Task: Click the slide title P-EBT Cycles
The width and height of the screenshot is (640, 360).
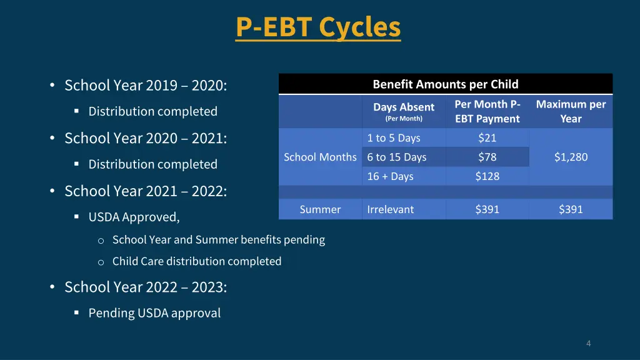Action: tap(318, 27)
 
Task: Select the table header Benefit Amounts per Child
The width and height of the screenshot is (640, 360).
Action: tap(445, 84)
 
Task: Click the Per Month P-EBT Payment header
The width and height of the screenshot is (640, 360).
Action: tap(487, 111)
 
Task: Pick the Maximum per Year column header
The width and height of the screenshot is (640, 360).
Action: tap(571, 111)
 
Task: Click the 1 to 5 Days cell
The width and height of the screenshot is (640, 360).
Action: tap(394, 138)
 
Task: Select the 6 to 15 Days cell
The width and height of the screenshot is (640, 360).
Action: tap(397, 157)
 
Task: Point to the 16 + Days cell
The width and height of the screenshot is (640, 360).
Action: tap(391, 176)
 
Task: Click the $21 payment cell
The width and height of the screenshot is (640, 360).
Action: tap(487, 138)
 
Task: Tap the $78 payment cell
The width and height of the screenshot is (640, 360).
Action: tap(487, 157)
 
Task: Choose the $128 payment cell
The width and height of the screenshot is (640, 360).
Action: tap(487, 176)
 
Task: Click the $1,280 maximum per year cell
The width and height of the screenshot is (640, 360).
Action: tap(571, 157)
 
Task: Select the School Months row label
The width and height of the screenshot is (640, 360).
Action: tap(320, 157)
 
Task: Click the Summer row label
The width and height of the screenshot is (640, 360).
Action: tap(320, 210)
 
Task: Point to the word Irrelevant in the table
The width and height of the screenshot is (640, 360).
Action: tap(391, 210)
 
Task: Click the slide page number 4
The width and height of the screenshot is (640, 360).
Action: tap(588, 343)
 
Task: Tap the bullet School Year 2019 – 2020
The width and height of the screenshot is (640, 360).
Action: tap(146, 85)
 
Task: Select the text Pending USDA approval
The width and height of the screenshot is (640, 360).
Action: tap(154, 313)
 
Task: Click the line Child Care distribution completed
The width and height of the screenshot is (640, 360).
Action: tap(197, 261)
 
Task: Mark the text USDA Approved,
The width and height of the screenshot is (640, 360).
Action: tap(134, 217)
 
